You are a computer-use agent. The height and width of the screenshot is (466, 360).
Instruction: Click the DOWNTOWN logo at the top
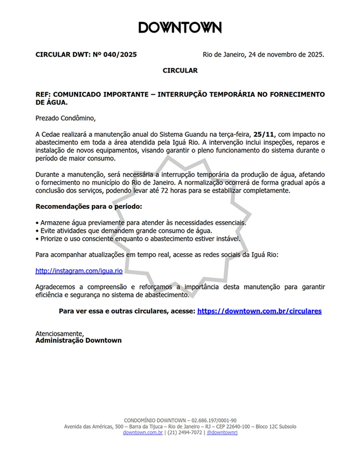click(x=180, y=28)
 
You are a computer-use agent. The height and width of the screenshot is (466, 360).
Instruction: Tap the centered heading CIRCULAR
click(x=180, y=71)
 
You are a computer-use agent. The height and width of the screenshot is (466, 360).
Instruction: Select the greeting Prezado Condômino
click(x=65, y=118)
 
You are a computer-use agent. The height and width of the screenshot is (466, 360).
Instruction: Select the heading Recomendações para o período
click(x=88, y=207)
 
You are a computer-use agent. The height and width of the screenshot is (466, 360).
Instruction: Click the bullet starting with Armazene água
click(x=141, y=223)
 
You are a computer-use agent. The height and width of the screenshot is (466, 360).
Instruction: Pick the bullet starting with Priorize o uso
click(x=138, y=239)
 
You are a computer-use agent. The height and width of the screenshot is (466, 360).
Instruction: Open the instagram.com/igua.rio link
click(x=79, y=271)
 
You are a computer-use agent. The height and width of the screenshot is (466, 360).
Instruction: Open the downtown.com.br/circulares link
click(x=259, y=311)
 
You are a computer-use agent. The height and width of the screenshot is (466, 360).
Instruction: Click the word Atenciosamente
click(x=59, y=334)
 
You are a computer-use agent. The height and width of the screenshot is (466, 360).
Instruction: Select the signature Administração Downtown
click(x=79, y=341)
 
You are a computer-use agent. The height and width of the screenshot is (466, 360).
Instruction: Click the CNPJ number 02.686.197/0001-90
click(x=212, y=421)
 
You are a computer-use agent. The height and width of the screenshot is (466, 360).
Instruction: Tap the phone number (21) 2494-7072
click(x=184, y=433)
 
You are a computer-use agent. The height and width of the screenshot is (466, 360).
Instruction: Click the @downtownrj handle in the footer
click(x=222, y=433)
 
